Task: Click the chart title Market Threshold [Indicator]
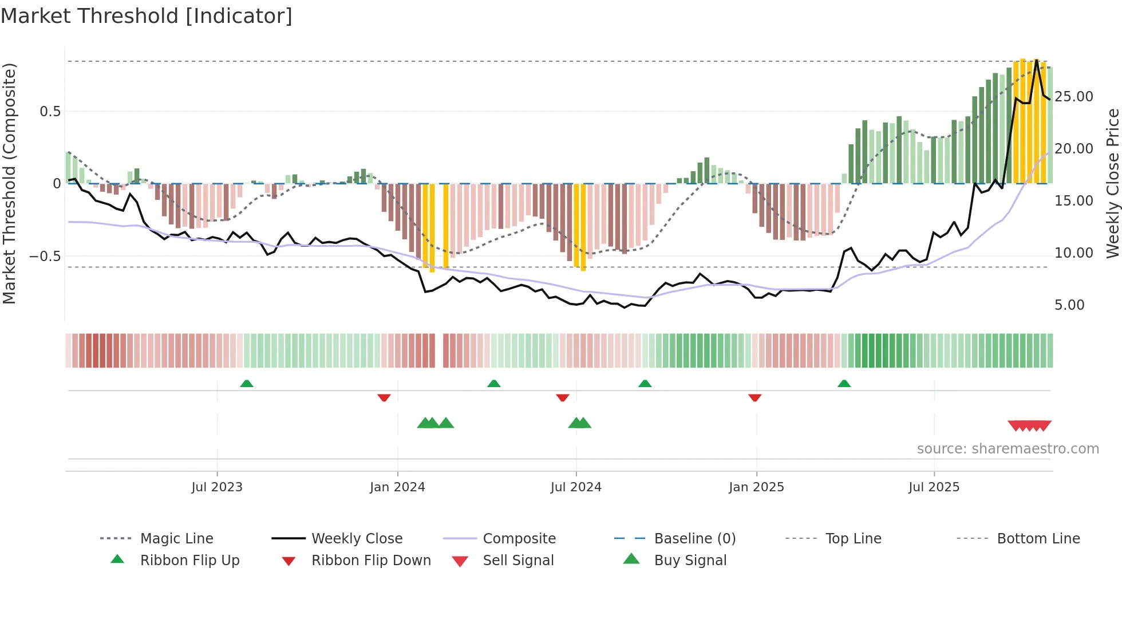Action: pyautogui.click(x=147, y=16)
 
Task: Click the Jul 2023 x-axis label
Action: pyautogui.click(x=217, y=487)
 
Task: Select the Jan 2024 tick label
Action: pyautogui.click(x=397, y=487)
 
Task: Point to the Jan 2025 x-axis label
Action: pyautogui.click(x=756, y=487)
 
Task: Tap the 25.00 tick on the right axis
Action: pyautogui.click(x=1074, y=97)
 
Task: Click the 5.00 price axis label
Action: pyautogui.click(x=1069, y=305)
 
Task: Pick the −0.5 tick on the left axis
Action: pyautogui.click(x=45, y=256)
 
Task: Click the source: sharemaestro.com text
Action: pyautogui.click(x=1008, y=449)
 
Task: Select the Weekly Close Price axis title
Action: pyautogui.click(x=1112, y=183)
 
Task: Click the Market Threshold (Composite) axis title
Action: pyautogui.click(x=9, y=183)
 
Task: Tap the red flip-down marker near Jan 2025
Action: pyautogui.click(x=754, y=397)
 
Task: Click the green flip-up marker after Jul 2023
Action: pyautogui.click(x=246, y=384)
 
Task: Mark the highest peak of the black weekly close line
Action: pyautogui.click(x=1037, y=60)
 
